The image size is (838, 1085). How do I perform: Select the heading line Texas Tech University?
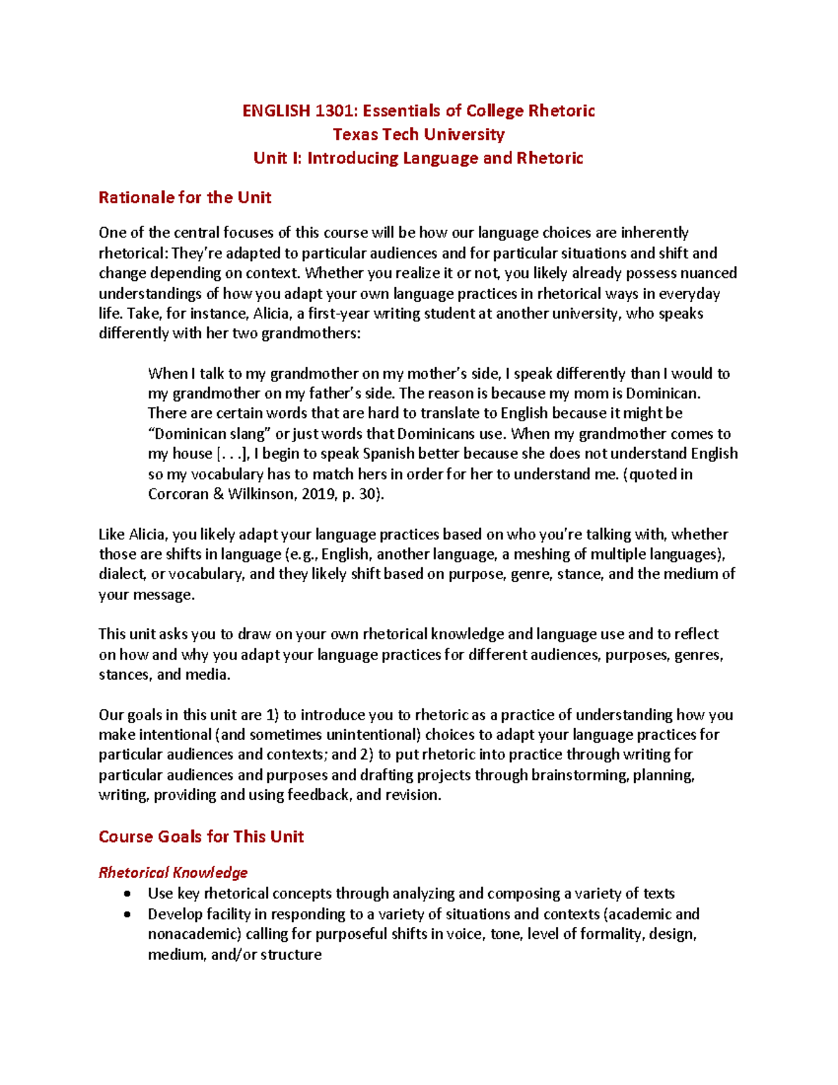(x=418, y=134)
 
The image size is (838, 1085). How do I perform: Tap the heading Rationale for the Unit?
(x=184, y=198)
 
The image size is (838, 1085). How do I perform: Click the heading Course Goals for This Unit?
(x=201, y=836)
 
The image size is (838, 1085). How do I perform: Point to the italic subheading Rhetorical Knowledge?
(x=173, y=873)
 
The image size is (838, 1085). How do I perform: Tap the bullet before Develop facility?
(x=126, y=914)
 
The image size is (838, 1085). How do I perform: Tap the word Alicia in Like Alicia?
(x=147, y=534)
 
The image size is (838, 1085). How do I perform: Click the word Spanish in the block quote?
(x=388, y=454)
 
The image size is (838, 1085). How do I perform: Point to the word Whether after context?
(x=332, y=273)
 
